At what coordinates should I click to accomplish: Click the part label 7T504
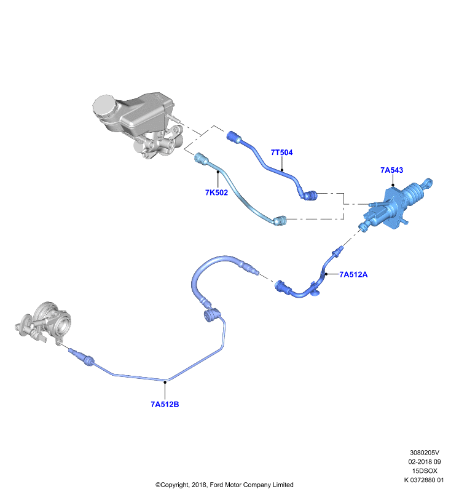[x=281, y=153]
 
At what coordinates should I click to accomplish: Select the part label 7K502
[x=216, y=192]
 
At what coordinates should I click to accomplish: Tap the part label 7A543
[x=391, y=170]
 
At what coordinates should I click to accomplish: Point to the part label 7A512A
[x=353, y=274]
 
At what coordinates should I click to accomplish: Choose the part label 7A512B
[x=165, y=405]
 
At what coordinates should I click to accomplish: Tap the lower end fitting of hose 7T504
[x=310, y=196]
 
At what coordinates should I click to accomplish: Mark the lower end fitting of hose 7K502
[x=280, y=221]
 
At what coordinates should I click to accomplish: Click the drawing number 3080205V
[x=425, y=453]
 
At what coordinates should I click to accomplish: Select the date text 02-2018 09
[x=425, y=462]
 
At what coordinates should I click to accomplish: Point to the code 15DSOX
[x=425, y=471]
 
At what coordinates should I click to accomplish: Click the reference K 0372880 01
[x=424, y=480]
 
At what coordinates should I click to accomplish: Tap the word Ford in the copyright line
[x=216, y=485]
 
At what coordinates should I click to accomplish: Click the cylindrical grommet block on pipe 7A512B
[x=211, y=315]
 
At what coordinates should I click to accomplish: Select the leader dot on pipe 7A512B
[x=165, y=382]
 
